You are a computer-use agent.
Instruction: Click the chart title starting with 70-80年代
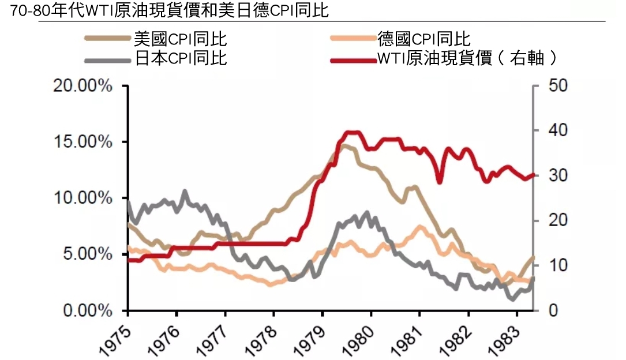coord(173,11)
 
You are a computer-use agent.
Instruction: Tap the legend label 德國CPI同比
coord(424,39)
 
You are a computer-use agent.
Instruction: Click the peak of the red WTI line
coord(352,132)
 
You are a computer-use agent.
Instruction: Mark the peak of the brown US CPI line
coord(344,145)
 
